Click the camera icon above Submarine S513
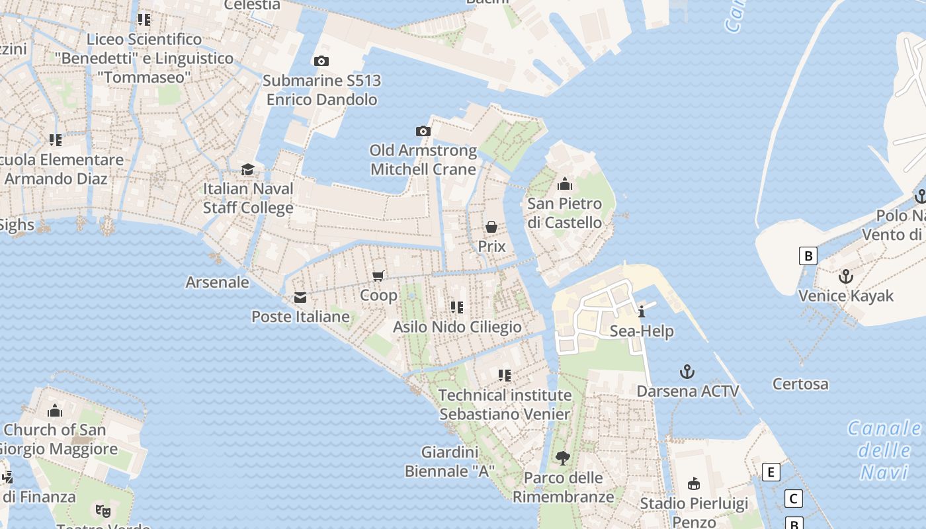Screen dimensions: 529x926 pyautogui.click(x=321, y=61)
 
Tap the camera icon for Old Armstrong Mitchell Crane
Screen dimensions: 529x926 pyautogui.click(x=423, y=132)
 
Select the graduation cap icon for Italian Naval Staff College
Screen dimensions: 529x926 pyautogui.click(x=247, y=170)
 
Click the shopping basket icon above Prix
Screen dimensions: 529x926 pyautogui.click(x=491, y=227)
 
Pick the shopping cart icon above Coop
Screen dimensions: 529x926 pyautogui.click(x=378, y=276)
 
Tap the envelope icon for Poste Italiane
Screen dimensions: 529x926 pyautogui.click(x=300, y=298)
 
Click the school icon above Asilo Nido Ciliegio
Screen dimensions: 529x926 pyautogui.click(x=456, y=307)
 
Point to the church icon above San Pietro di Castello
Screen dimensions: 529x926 pyautogui.click(x=565, y=184)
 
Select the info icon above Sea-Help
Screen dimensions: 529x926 pyautogui.click(x=642, y=311)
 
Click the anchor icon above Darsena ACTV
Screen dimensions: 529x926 pyautogui.click(x=687, y=372)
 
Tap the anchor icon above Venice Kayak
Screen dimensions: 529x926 pyautogui.click(x=845, y=276)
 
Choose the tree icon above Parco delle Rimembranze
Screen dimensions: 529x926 pyautogui.click(x=563, y=458)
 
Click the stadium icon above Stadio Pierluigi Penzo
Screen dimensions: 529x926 pyautogui.click(x=694, y=484)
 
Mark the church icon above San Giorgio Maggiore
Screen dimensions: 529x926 pyautogui.click(x=55, y=411)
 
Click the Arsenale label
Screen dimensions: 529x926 pyautogui.click(x=217, y=282)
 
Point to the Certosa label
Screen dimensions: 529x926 pyautogui.click(x=800, y=384)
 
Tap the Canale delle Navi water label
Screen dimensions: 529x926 pyautogui.click(x=885, y=450)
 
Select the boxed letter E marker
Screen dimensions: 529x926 pyautogui.click(x=771, y=472)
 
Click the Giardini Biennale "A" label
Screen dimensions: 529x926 pyautogui.click(x=450, y=462)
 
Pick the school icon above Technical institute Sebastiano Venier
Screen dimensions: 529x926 pyautogui.click(x=505, y=376)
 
